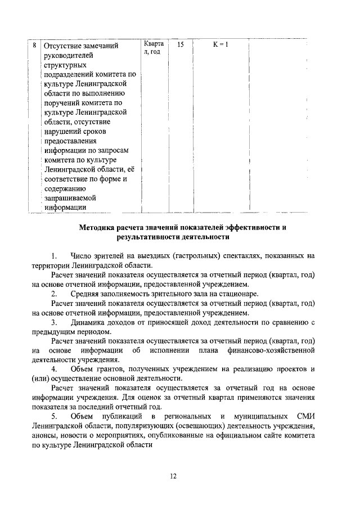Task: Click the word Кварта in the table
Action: coord(154,43)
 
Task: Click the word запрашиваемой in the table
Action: coord(70,198)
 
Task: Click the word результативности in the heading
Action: coord(148,238)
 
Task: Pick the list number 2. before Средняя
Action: coord(55,294)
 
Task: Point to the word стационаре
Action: coord(240,294)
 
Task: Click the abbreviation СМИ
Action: coord(304,417)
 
